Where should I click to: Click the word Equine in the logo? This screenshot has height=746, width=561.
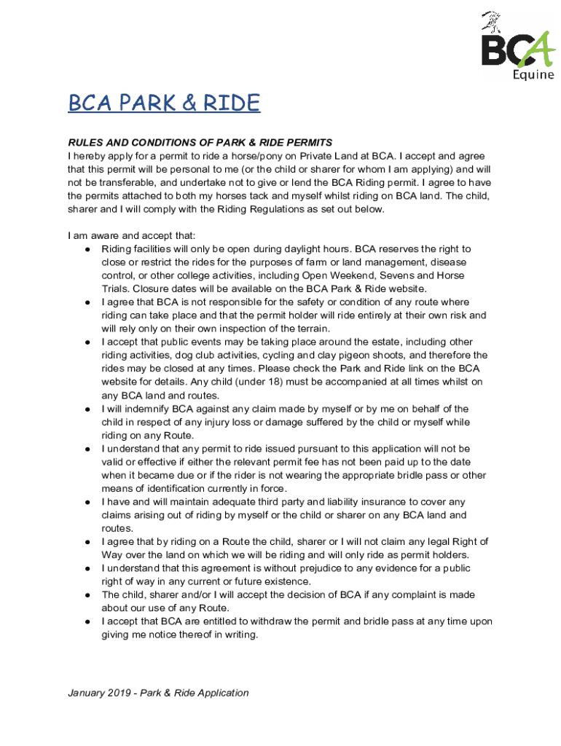pos(532,74)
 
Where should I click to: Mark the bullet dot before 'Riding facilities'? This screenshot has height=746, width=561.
pos(87,249)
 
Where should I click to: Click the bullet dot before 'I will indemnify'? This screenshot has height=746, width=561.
pos(87,409)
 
